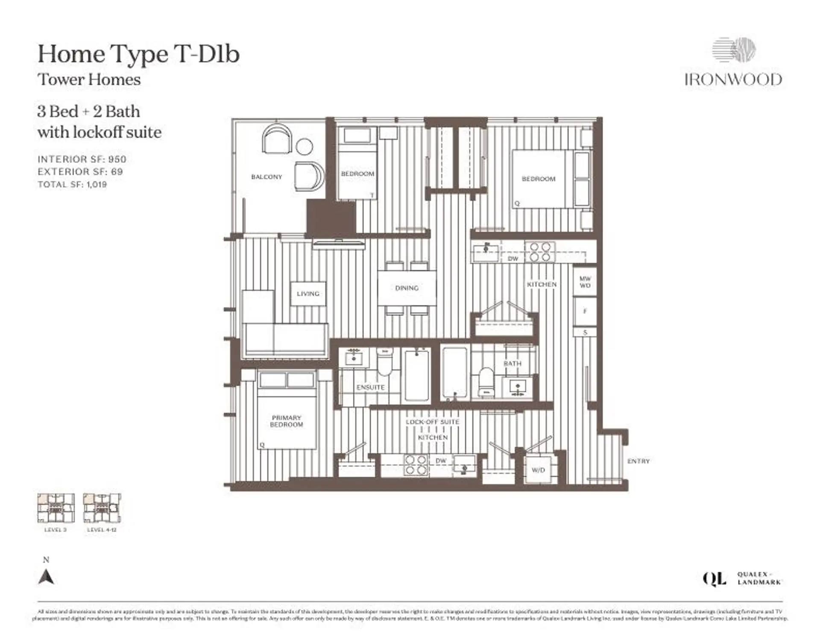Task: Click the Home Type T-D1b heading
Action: pyautogui.click(x=138, y=54)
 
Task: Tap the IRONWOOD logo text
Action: pyautogui.click(x=733, y=80)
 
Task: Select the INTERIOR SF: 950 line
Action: pyautogui.click(x=82, y=159)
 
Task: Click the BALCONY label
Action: pyautogui.click(x=266, y=177)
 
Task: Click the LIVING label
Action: pyautogui.click(x=308, y=293)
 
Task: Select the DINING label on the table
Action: pyautogui.click(x=407, y=288)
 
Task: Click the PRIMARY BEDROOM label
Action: pyautogui.click(x=287, y=421)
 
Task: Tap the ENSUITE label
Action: pyautogui.click(x=370, y=387)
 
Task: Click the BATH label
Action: pyautogui.click(x=512, y=363)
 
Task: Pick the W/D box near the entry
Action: pyautogui.click(x=538, y=470)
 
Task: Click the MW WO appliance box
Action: pyautogui.click(x=585, y=282)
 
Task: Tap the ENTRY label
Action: pyautogui.click(x=638, y=461)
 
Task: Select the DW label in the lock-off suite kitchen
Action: pyautogui.click(x=441, y=461)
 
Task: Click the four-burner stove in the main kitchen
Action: pyautogui.click(x=540, y=252)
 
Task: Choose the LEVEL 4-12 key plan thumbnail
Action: pyautogui.click(x=102, y=508)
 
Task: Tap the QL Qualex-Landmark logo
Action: pyautogui.click(x=742, y=579)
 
